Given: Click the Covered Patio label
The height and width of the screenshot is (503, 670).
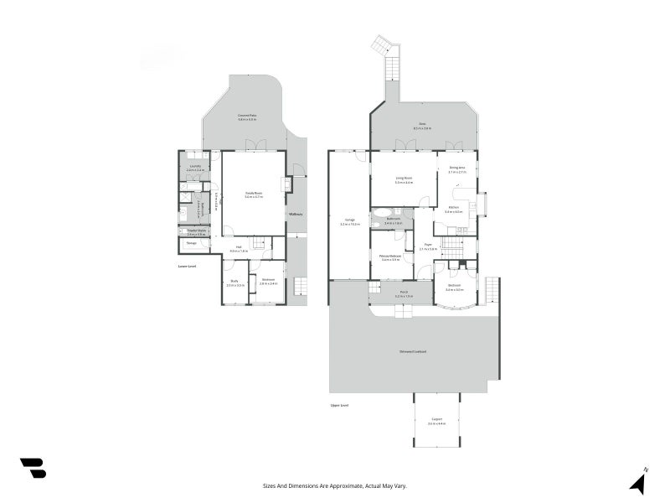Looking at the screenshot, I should coord(246,117).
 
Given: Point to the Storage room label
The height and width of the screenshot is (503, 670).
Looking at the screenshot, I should coord(192,243).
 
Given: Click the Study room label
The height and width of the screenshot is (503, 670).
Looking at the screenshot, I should coord(235,283).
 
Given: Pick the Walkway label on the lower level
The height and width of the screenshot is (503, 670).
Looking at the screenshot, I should coord(295,215).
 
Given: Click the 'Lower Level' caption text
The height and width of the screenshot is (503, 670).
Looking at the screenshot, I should coord(187,266).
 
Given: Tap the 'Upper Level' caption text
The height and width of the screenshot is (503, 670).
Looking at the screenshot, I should coord(339,405).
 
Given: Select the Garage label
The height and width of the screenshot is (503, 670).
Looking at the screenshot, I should coord(349,221).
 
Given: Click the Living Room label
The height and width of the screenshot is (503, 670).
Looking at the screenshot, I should coord(403,179).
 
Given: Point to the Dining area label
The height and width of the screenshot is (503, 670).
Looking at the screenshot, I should coord(456,169).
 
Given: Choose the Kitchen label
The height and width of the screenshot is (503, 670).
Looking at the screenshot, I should coord(454,209).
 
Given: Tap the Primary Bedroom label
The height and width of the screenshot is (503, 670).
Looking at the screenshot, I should coord(390,257).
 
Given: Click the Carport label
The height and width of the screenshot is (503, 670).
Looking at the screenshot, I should coord(437,421).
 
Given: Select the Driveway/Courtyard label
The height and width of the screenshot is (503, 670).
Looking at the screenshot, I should coord(412,351).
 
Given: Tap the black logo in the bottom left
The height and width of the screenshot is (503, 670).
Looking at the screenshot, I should coord(33,468).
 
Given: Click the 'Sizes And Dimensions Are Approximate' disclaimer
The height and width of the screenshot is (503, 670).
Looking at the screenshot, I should coord(335,485).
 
